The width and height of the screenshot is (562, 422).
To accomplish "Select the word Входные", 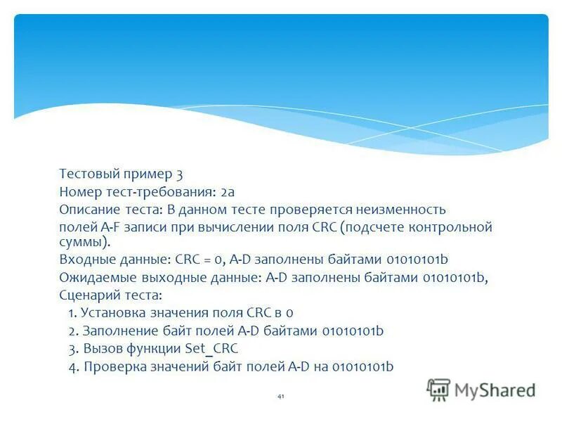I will [x=84, y=260].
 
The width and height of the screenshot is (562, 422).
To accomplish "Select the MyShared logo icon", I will [x=438, y=389].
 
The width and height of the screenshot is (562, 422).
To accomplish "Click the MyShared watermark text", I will [x=495, y=390].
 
